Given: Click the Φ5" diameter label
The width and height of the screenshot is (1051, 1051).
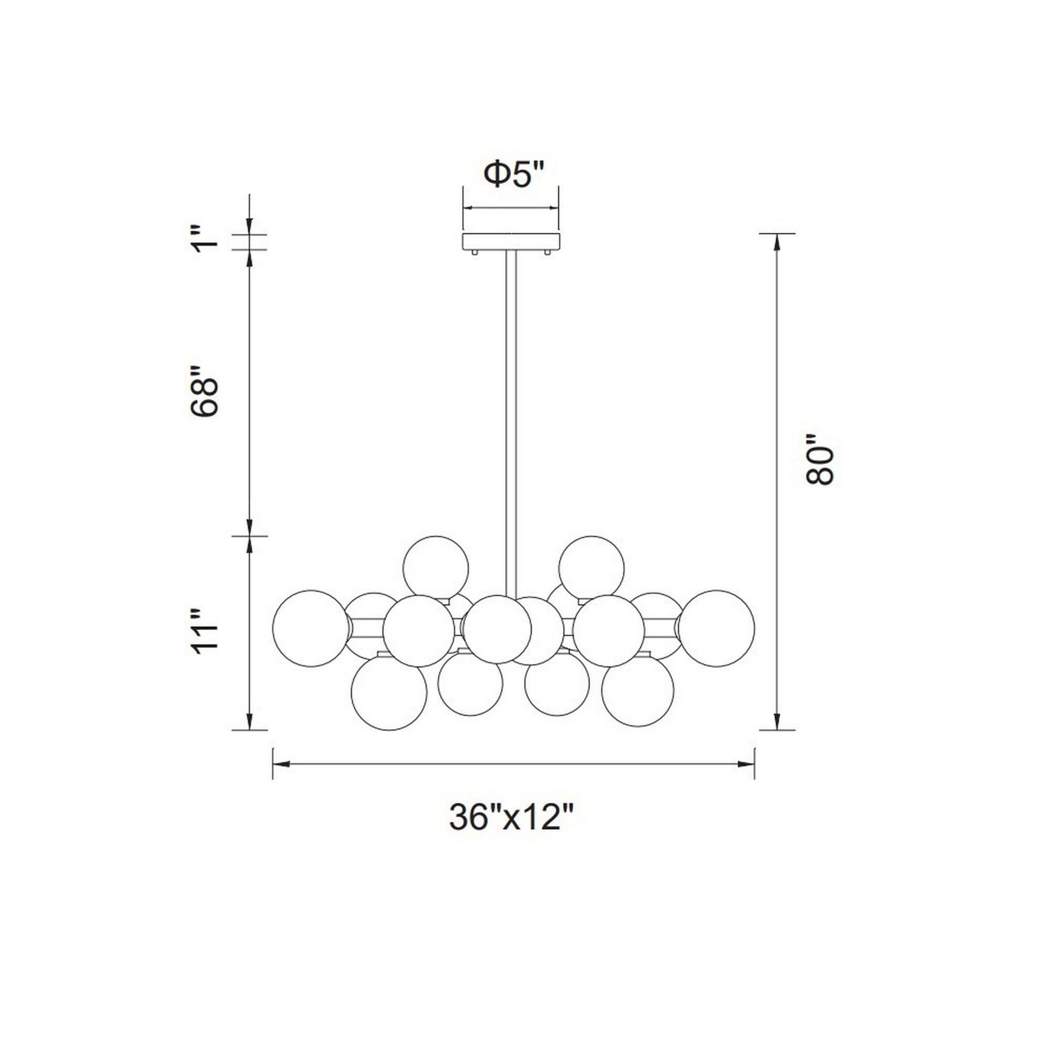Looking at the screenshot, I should (513, 174).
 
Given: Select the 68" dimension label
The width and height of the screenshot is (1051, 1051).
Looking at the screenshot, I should (204, 390).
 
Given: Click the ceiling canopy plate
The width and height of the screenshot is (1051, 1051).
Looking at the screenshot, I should (511, 241).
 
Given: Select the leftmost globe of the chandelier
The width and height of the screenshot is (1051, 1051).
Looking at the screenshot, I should (311, 628).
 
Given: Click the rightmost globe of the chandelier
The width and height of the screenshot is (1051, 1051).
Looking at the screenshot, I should (716, 628).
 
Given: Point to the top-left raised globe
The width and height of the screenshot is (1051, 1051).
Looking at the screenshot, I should (435, 568).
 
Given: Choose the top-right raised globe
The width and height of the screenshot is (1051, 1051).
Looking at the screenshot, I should (591, 568).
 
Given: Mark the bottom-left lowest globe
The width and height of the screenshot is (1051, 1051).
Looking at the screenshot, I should (389, 692).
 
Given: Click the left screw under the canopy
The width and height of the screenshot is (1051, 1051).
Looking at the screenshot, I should (475, 252).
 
